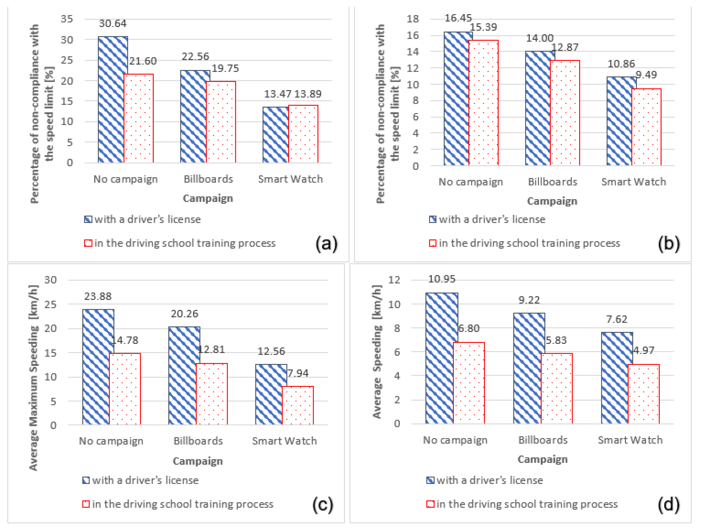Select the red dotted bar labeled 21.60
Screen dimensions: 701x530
pos(138,118)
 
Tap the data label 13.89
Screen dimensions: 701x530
pos(307,94)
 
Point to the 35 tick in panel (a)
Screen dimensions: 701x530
pos(67,19)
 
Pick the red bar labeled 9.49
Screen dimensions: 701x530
pos(647,127)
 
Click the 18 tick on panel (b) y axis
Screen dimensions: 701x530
pos(413,19)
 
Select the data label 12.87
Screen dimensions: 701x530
pos(565,47)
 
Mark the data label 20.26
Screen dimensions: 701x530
pos(184,314)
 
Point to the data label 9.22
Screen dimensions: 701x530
pos(529,300)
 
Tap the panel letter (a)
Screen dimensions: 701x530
pos(326,244)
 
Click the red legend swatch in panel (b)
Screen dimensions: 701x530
pos(433,243)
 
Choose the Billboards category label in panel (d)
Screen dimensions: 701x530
pos(543,440)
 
